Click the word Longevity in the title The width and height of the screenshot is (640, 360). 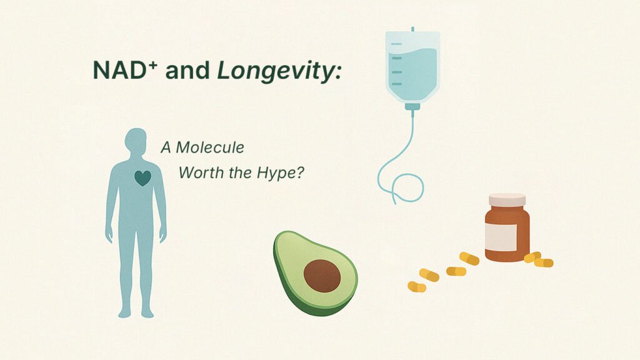(274, 71)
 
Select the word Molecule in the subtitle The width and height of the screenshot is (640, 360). (210, 147)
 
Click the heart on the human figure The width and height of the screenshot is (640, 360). (143, 178)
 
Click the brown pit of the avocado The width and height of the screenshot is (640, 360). (322, 276)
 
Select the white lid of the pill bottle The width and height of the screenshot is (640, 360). (507, 200)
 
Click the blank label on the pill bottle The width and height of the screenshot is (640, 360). (501, 237)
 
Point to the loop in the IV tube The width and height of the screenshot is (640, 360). (408, 187)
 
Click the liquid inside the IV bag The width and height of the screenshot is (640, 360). (412, 69)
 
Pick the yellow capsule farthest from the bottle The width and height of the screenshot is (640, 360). (417, 287)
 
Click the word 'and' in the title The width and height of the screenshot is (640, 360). (187, 70)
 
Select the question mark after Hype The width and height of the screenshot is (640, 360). (299, 172)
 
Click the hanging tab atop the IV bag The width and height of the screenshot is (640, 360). (412, 29)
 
